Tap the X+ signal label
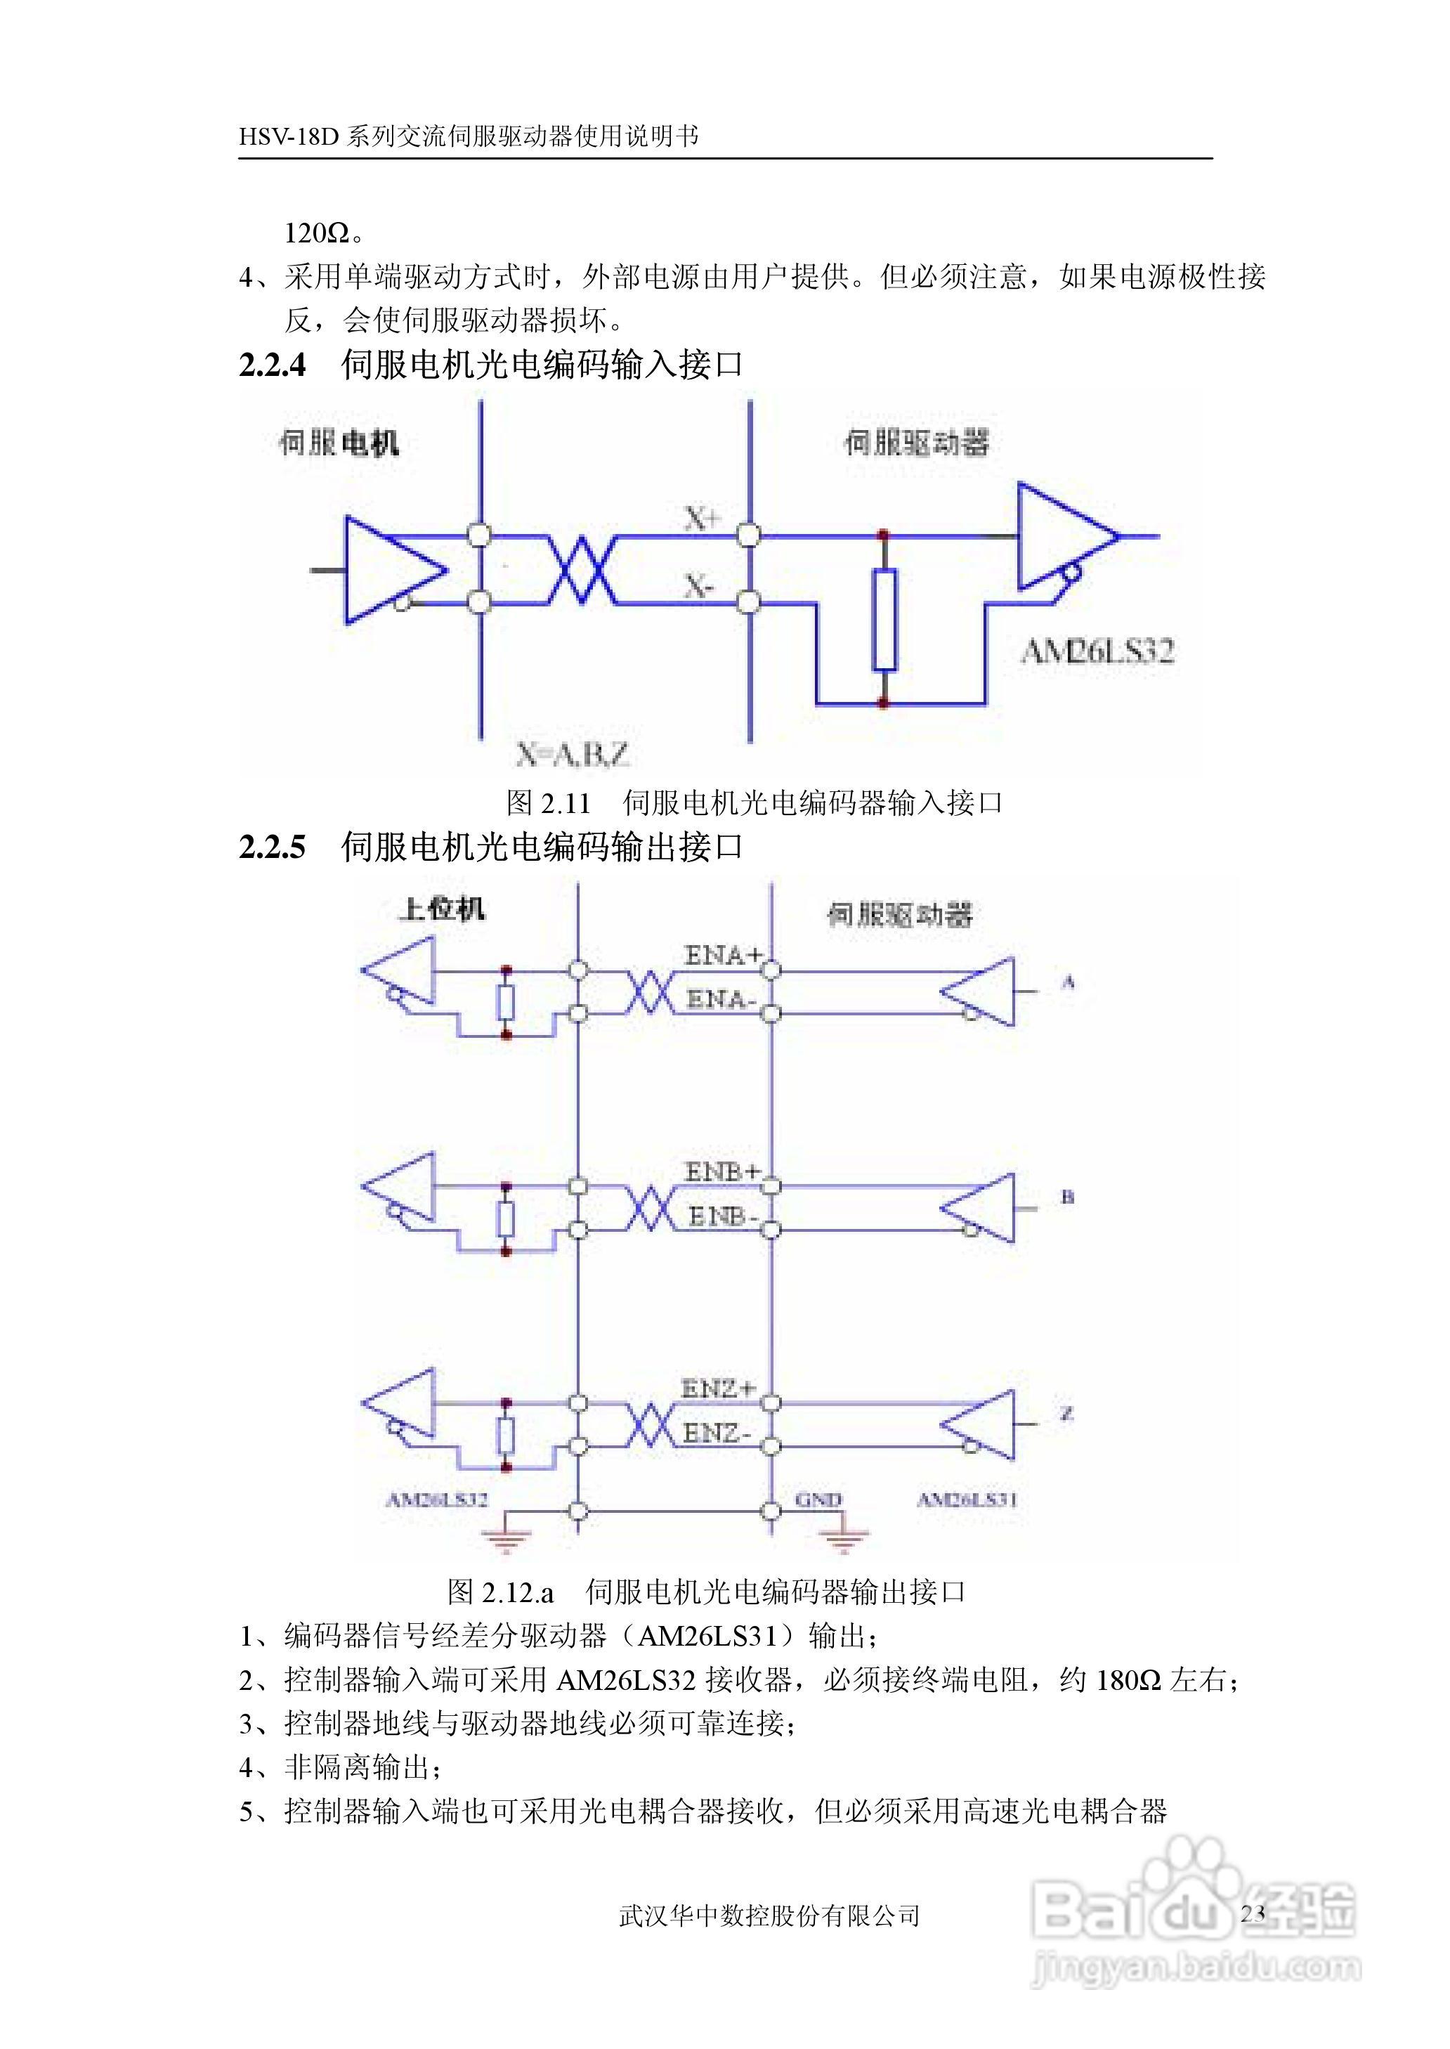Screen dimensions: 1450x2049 (702, 518)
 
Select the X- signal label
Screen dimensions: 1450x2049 (699, 586)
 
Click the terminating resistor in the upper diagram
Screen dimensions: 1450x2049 (884, 619)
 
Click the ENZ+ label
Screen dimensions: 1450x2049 (718, 1388)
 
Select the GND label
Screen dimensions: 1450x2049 (818, 1500)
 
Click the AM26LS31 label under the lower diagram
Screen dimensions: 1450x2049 (967, 1500)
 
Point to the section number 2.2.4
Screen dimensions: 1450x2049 (273, 365)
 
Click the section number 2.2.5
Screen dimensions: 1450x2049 (273, 847)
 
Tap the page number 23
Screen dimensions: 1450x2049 (1253, 1913)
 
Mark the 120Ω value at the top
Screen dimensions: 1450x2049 (317, 233)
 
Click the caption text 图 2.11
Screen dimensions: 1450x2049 (548, 802)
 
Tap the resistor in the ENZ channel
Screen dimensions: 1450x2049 (507, 1435)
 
